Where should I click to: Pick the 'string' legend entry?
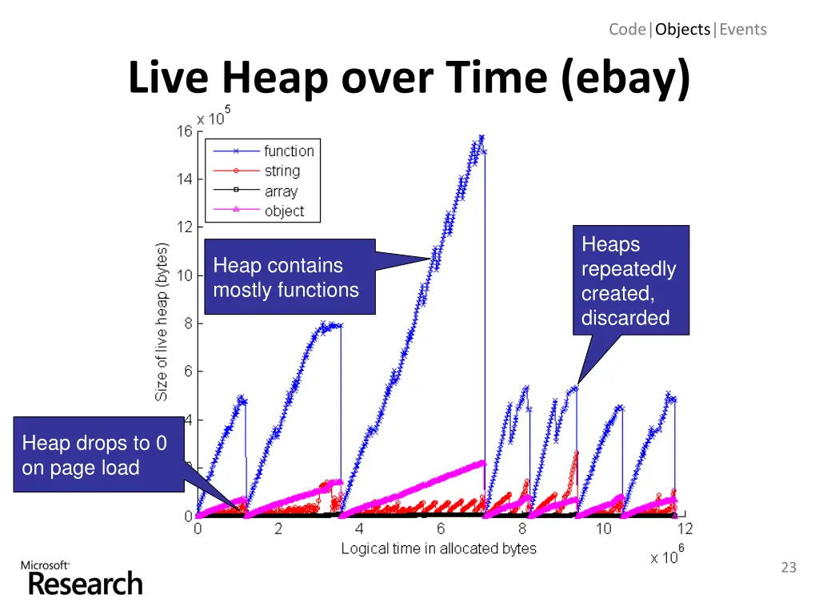click(x=282, y=171)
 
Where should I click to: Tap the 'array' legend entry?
click(x=281, y=191)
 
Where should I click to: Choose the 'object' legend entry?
click(x=284, y=211)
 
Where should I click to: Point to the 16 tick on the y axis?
click(x=185, y=132)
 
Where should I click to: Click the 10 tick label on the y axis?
click(x=185, y=275)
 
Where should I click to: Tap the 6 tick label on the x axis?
click(x=441, y=529)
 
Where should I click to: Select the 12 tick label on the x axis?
click(x=685, y=529)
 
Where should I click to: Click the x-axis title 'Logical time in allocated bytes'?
click(x=438, y=549)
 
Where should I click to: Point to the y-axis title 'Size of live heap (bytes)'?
click(x=162, y=322)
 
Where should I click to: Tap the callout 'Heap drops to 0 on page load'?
click(x=98, y=454)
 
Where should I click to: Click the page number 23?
click(x=789, y=568)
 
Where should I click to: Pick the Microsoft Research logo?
click(x=82, y=578)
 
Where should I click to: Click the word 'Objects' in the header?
click(x=682, y=30)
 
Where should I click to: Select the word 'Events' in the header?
click(x=743, y=30)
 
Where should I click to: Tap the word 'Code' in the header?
click(x=628, y=30)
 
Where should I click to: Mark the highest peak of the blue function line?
click(x=481, y=137)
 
